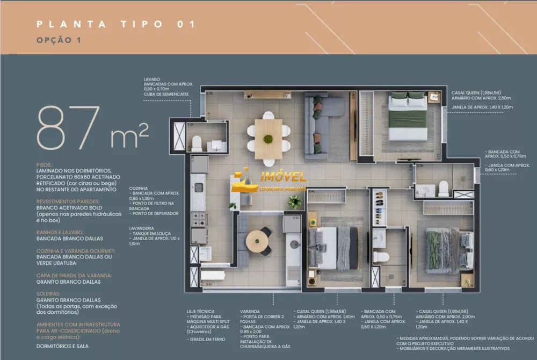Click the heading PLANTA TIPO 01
coord(115,24)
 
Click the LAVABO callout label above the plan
coord(151,78)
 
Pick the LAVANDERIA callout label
coord(142,228)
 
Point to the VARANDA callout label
coord(251,311)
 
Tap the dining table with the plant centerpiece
coord(267,138)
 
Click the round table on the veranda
coord(259,240)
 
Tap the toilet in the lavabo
coord(196,143)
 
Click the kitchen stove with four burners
coord(199,219)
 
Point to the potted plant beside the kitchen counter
coord(294,202)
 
